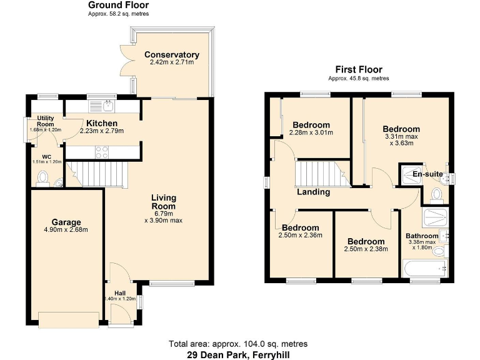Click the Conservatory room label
(171, 55)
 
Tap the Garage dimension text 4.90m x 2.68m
(66, 229)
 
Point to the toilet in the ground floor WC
(42, 179)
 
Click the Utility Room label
(45, 121)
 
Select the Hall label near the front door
(119, 292)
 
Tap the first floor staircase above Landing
(319, 173)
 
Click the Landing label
(313, 192)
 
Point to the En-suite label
(427, 174)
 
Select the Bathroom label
(422, 236)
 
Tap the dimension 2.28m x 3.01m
(311, 132)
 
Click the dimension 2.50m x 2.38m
(366, 249)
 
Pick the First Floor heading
(359, 69)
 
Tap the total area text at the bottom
(238, 344)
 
